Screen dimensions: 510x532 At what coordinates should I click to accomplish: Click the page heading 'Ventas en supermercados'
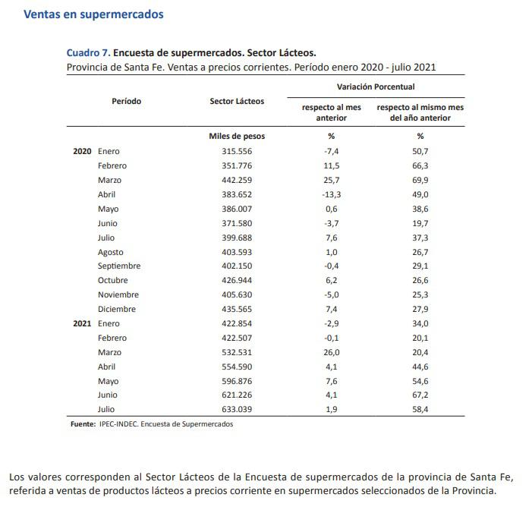pos(93,14)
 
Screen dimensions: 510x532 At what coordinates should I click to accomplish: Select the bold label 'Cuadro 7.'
pos(89,53)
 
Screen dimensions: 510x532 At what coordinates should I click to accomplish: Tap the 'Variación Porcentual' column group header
pos(376,87)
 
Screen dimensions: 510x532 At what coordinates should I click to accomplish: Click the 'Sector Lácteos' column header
pos(237,101)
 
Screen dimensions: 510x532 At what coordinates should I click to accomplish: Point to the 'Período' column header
pos(126,101)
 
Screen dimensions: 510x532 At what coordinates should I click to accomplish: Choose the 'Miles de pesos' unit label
pos(237,137)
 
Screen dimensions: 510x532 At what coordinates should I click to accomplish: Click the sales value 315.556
pos(237,152)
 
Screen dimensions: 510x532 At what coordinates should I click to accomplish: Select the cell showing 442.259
pos(237,180)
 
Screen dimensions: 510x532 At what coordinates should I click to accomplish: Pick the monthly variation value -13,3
pos(331,194)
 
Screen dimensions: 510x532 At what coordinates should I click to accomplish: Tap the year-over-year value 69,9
pos(420,180)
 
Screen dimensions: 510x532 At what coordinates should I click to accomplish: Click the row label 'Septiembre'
pos(119,266)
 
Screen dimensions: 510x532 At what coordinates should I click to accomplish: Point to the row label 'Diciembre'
pos(117,310)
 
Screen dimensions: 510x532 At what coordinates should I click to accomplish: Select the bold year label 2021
pos(82,324)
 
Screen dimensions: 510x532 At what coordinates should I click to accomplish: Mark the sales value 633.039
pos(237,410)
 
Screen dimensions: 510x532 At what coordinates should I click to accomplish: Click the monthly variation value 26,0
pos(331,352)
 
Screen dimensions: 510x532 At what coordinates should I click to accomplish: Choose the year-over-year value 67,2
pos(420,395)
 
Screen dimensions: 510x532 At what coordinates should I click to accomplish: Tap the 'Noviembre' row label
pos(118,295)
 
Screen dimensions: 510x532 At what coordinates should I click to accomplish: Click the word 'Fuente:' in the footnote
pos(83,424)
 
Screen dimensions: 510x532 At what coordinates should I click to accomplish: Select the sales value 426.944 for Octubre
pos(237,281)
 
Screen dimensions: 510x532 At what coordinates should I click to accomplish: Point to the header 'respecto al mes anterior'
pos(331,112)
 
